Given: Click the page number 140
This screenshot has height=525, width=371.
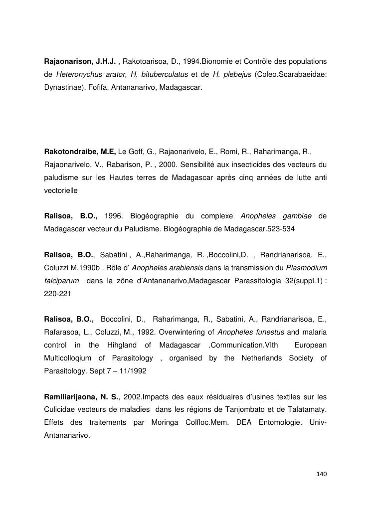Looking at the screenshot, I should coord(321,474).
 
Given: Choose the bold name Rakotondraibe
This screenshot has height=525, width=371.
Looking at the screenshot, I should coord(72,151).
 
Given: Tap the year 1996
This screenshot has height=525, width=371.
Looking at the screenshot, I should coord(114,216).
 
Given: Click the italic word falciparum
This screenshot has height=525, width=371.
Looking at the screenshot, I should coord(61,281).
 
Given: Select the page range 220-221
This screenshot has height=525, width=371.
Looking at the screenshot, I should coord(58,294).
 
